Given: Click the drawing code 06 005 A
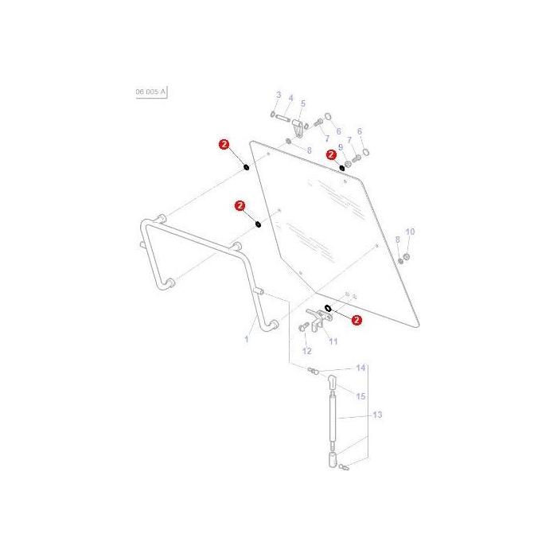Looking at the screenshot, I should click(x=150, y=92).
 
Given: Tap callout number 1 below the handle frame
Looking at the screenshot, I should click(x=247, y=339).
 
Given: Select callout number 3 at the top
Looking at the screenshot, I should click(x=278, y=95).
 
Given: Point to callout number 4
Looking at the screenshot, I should click(x=290, y=99).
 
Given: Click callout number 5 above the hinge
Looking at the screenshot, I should click(x=303, y=103).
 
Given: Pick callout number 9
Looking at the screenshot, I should click(x=341, y=147).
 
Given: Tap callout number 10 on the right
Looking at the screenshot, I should click(x=411, y=232).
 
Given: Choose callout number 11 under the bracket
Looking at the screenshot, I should click(x=333, y=341).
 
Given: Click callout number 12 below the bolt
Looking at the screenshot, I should click(x=307, y=351).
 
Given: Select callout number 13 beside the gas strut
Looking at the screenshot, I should click(x=377, y=415).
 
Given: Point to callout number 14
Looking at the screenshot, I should click(x=360, y=368).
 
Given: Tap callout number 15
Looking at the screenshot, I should click(x=360, y=395).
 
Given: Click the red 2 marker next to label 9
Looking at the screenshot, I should click(x=331, y=155).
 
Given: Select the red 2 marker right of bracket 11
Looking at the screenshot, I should click(x=356, y=321).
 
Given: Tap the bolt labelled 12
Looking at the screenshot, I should click(x=304, y=328).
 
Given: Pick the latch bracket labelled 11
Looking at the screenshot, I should click(x=320, y=320).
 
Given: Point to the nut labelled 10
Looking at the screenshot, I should click(x=405, y=258).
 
